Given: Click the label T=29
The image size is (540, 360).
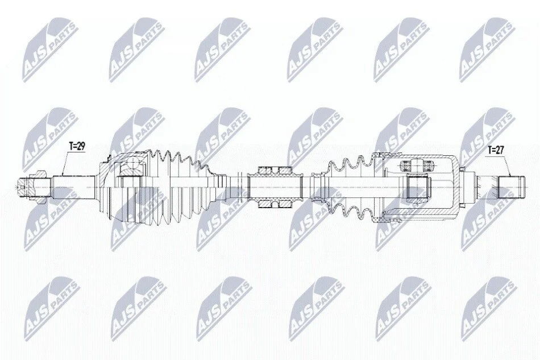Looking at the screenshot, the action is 77,146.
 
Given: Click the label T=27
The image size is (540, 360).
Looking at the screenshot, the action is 496,150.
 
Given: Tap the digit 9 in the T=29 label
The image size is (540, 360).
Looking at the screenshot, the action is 82,146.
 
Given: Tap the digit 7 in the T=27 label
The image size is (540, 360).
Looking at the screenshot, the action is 502,150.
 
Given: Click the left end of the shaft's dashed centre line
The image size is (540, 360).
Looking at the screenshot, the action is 16,188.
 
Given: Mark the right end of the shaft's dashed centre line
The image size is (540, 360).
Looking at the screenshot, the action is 528,188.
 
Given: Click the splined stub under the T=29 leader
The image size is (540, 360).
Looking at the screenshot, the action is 74,188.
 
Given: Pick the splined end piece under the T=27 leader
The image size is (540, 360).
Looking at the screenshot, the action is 512,188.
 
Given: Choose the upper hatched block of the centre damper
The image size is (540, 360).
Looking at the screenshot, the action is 275,170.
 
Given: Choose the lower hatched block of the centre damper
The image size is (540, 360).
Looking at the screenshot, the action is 275,205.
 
